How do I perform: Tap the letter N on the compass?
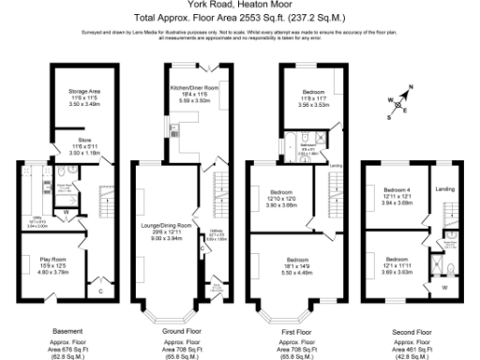pos(410,91)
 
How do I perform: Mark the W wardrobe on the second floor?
pos(442,289)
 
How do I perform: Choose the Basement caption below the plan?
pos(67,330)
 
